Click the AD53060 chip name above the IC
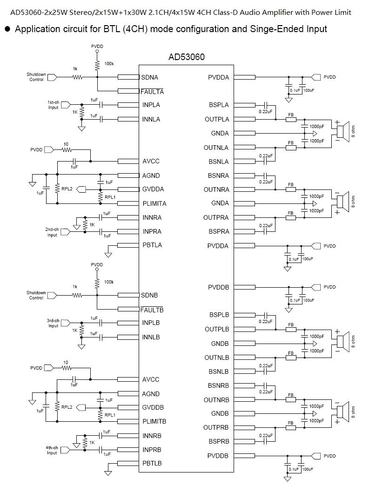[186, 57]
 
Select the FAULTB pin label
[152, 310]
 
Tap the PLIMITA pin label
[154, 203]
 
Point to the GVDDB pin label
[154, 407]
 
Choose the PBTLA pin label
[152, 245]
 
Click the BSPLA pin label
[219, 105]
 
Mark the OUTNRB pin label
[216, 400]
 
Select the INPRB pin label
[152, 450]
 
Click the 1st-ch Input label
[54, 105]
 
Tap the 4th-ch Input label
[52, 450]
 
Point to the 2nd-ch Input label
[52, 232]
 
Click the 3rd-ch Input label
[53, 323]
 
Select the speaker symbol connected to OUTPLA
[344, 133]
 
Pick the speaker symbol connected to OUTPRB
[344, 413]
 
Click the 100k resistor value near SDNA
[109, 63]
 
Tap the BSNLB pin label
[219, 371]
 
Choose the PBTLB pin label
[152, 464]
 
